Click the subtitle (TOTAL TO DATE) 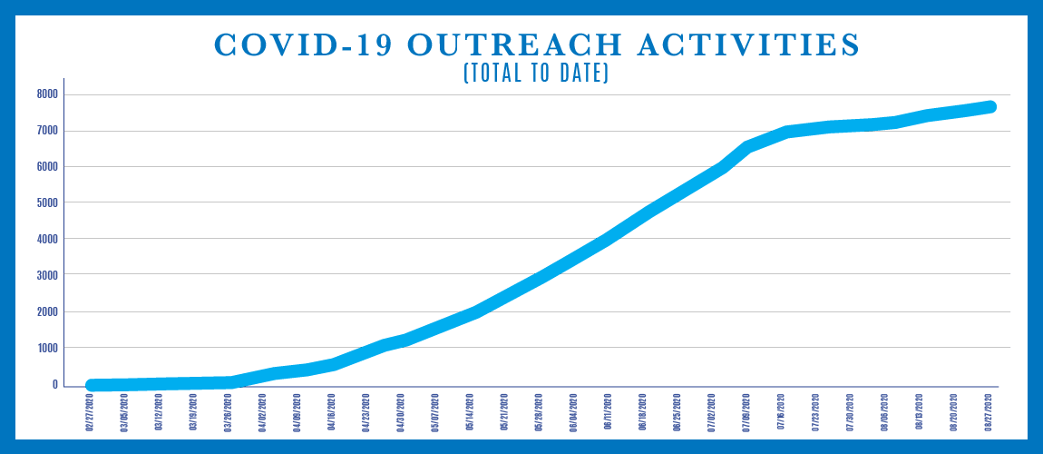[535, 74]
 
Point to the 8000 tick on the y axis [47, 94]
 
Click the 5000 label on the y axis [47, 203]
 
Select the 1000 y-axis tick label [47, 349]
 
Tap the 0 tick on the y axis [54, 385]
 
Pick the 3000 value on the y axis [47, 276]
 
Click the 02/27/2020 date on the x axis [91, 412]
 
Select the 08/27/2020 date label [989, 412]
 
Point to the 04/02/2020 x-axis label [263, 412]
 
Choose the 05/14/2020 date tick [471, 412]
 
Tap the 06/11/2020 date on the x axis [609, 412]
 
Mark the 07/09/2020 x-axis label [746, 412]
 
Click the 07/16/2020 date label [781, 412]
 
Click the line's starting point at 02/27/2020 [92, 385]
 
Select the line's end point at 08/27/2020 [990, 107]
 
